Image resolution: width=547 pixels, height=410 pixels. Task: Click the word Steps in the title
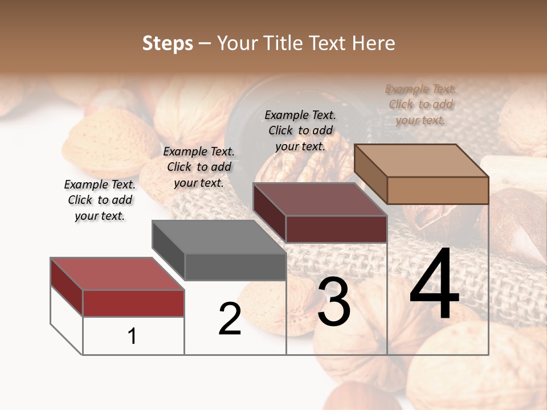(168, 43)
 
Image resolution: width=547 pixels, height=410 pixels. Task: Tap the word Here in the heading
(373, 43)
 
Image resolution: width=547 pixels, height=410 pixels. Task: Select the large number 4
(434, 285)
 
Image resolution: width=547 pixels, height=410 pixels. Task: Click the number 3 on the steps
(334, 302)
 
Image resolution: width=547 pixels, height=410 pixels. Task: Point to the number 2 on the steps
(230, 319)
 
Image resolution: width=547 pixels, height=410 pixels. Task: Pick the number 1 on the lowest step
(132, 337)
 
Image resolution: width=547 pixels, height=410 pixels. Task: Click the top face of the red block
(117, 274)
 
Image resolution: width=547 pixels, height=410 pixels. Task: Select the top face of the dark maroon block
(320, 199)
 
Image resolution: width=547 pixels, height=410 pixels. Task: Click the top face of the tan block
(421, 160)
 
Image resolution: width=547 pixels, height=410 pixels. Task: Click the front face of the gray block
(235, 266)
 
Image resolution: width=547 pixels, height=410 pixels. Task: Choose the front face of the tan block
(438, 190)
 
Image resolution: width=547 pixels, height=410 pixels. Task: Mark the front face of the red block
(133, 303)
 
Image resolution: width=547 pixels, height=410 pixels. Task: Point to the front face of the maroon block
(336, 229)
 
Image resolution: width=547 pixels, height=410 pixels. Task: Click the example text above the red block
(100, 200)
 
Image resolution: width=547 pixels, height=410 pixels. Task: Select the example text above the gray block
(199, 167)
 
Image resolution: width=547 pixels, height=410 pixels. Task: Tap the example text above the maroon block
(300, 130)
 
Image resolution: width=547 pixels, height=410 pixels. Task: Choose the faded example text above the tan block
(421, 104)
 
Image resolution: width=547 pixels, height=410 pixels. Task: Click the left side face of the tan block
(371, 174)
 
